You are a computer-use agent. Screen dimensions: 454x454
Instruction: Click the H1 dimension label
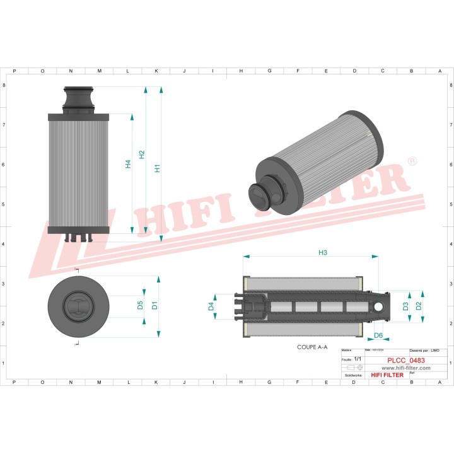[158, 168]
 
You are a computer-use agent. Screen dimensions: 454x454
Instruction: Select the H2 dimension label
[142, 154]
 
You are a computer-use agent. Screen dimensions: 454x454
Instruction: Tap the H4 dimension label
[128, 164]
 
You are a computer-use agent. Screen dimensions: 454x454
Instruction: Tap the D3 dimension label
[406, 306]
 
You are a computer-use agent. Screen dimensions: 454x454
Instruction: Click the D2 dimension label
[419, 306]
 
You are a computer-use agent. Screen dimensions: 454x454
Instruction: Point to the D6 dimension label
[378, 335]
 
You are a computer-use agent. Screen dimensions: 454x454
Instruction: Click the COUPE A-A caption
[312, 347]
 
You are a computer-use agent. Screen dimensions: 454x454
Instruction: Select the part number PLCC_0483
[405, 361]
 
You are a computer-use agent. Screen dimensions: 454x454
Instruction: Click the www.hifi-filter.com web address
[405, 368]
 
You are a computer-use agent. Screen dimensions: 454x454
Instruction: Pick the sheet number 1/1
[358, 358]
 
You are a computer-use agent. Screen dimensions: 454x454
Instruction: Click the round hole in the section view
[380, 306]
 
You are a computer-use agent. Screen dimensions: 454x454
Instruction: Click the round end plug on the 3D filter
[260, 197]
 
